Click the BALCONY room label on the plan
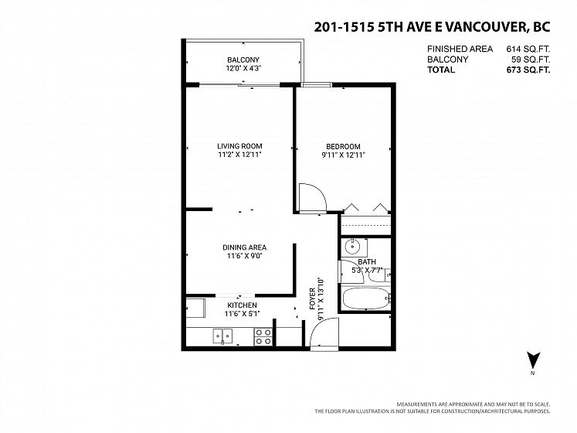(x=243, y=60)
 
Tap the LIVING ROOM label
(x=239, y=146)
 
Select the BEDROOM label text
(x=343, y=146)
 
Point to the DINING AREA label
(x=244, y=247)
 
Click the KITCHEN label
(x=242, y=305)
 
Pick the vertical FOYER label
(x=312, y=298)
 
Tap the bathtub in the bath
(x=366, y=298)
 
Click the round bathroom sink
(x=352, y=247)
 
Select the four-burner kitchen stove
(x=263, y=337)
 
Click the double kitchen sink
(x=222, y=336)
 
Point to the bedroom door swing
(x=313, y=198)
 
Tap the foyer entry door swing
(x=324, y=332)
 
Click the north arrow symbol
(x=533, y=360)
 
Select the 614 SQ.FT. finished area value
(x=528, y=49)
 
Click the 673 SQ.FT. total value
(x=528, y=70)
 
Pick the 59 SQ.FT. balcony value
(x=531, y=60)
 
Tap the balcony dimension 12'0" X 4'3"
(x=243, y=68)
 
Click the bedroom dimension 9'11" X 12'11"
(x=343, y=155)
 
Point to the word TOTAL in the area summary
(x=441, y=70)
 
